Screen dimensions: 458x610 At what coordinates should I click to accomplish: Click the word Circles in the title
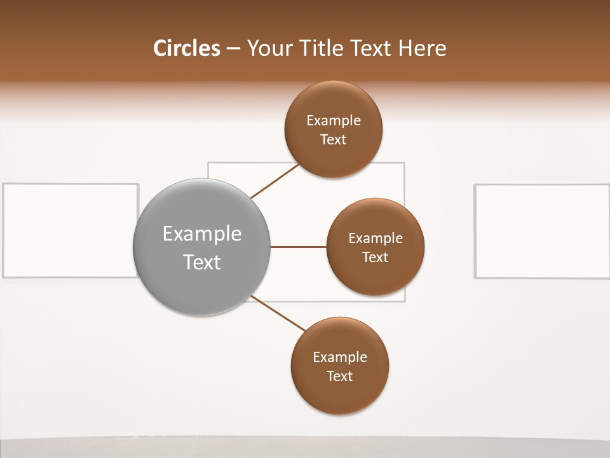point(186,48)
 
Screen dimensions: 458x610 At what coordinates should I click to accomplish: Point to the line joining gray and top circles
point(275,181)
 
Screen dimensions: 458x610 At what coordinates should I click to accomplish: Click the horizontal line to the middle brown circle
point(298,247)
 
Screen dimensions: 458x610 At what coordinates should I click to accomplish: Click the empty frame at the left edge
point(70,230)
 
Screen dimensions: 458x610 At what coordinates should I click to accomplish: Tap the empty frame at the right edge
point(541,231)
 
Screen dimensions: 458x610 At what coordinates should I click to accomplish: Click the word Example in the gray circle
point(202,234)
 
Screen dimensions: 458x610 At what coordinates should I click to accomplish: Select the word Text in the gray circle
point(202,262)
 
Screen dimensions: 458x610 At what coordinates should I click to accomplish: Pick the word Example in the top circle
point(334,120)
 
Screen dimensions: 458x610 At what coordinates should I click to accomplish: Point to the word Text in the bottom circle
point(339,376)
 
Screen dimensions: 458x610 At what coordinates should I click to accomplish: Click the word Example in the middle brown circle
point(376,238)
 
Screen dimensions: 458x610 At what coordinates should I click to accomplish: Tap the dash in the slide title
point(233,49)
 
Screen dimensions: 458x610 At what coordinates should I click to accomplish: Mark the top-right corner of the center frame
point(404,163)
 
